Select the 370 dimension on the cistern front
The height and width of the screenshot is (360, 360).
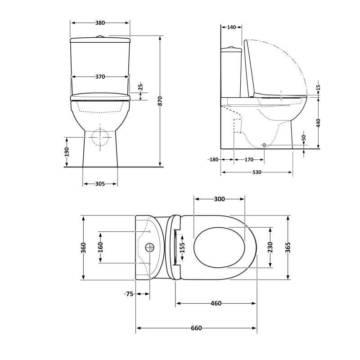100,77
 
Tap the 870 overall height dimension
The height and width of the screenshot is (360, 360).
160,101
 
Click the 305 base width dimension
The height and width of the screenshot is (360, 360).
100,184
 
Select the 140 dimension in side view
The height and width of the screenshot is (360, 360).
231,27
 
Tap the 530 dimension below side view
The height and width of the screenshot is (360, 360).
256,172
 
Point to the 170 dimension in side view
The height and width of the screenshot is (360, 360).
249,160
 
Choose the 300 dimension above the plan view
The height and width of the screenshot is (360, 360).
219,199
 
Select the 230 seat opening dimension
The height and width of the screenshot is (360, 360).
270,247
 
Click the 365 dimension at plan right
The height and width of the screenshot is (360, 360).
288,247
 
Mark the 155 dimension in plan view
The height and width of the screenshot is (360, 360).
182,247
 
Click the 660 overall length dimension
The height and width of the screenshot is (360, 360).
196,328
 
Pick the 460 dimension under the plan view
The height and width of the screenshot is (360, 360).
216,303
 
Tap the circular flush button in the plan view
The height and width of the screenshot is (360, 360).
150,247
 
